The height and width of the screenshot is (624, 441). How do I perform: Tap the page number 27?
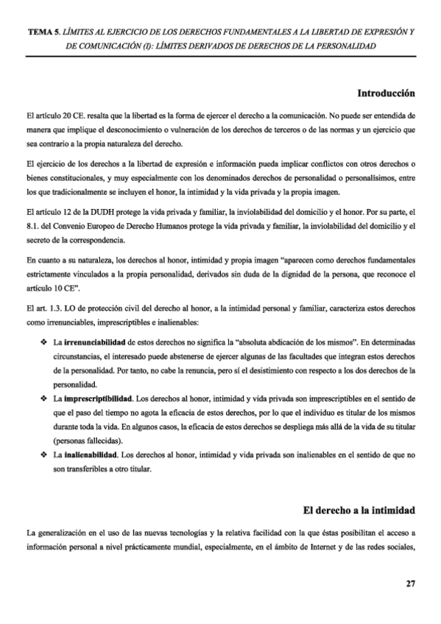coord(411,584)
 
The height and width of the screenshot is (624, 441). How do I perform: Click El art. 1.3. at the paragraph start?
coord(40,308)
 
